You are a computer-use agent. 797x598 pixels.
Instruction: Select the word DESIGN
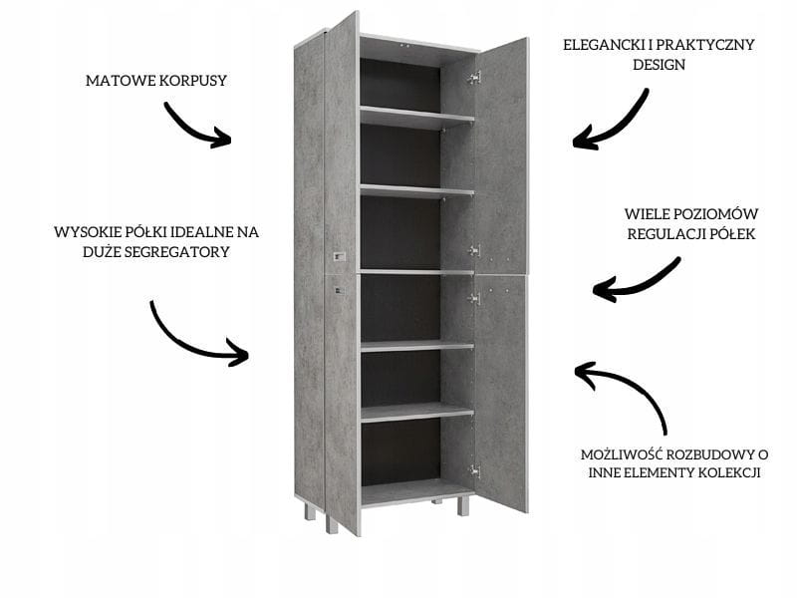coord(659,65)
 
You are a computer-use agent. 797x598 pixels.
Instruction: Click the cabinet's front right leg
coord(462,506)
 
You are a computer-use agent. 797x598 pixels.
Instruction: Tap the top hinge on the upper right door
coord(474,77)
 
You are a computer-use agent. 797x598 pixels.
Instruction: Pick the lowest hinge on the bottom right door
coord(474,469)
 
